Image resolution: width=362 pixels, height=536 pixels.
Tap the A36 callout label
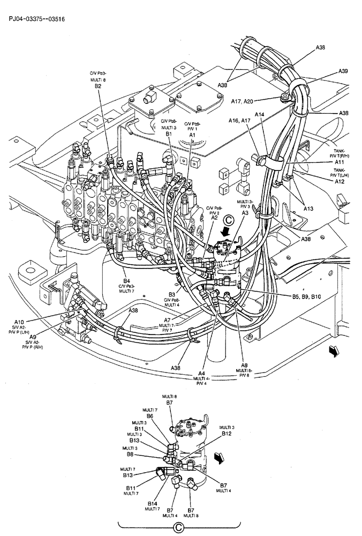[x=320, y=48]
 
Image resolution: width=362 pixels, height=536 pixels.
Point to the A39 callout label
[x=343, y=71]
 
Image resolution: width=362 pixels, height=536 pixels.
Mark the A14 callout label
[x=260, y=114]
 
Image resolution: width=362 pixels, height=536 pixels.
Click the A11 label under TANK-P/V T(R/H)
[x=340, y=162]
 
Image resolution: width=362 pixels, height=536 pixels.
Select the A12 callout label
[x=340, y=182]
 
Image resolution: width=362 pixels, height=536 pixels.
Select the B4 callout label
[x=127, y=280]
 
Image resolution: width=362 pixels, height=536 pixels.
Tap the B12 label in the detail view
[x=226, y=433]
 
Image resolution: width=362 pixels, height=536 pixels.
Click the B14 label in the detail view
[x=153, y=503]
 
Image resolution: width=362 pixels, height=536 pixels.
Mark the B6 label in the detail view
[x=150, y=416]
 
